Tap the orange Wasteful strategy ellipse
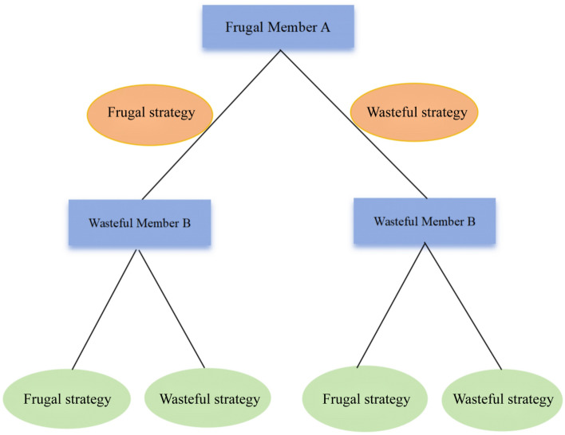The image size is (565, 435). pos(415,112)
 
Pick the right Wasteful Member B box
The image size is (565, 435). pos(424,220)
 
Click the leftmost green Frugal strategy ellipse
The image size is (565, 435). pos(67,398)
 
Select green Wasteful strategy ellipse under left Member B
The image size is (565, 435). pos(210,398)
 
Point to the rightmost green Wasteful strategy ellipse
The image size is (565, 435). pos(502,398)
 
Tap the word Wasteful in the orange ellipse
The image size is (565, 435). pos(391,112)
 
